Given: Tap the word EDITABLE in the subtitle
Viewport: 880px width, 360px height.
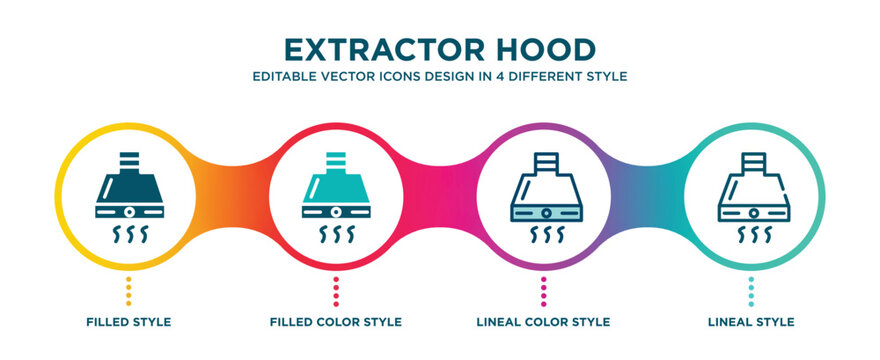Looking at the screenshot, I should coord(284,76).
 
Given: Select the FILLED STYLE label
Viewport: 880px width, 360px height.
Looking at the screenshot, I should coord(129,322).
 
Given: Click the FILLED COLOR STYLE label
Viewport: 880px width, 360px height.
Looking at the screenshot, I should coord(336,322).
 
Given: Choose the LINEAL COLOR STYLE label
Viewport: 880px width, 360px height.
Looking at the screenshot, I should coord(544,322).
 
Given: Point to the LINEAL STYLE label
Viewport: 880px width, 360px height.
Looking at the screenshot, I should coord(751,322).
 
